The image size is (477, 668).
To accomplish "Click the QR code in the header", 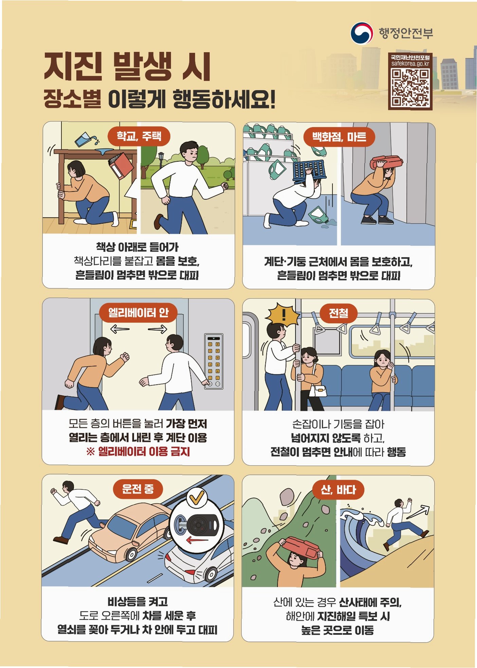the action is pyautogui.click(x=410, y=88).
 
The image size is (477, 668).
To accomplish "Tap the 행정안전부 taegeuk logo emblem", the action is pyautogui.click(x=362, y=33).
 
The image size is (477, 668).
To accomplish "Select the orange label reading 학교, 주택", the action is pyautogui.click(x=139, y=136).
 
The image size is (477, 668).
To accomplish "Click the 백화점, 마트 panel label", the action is pyautogui.click(x=339, y=137).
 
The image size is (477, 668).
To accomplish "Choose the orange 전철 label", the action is pyautogui.click(x=338, y=313).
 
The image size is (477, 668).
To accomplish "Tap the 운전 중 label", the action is pyautogui.click(x=138, y=489).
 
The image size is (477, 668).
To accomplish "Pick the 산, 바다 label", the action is pyautogui.click(x=338, y=490).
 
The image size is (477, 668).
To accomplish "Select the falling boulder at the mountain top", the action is pyautogui.click(x=288, y=496).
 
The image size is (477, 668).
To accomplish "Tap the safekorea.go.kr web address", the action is pyautogui.click(x=410, y=63).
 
